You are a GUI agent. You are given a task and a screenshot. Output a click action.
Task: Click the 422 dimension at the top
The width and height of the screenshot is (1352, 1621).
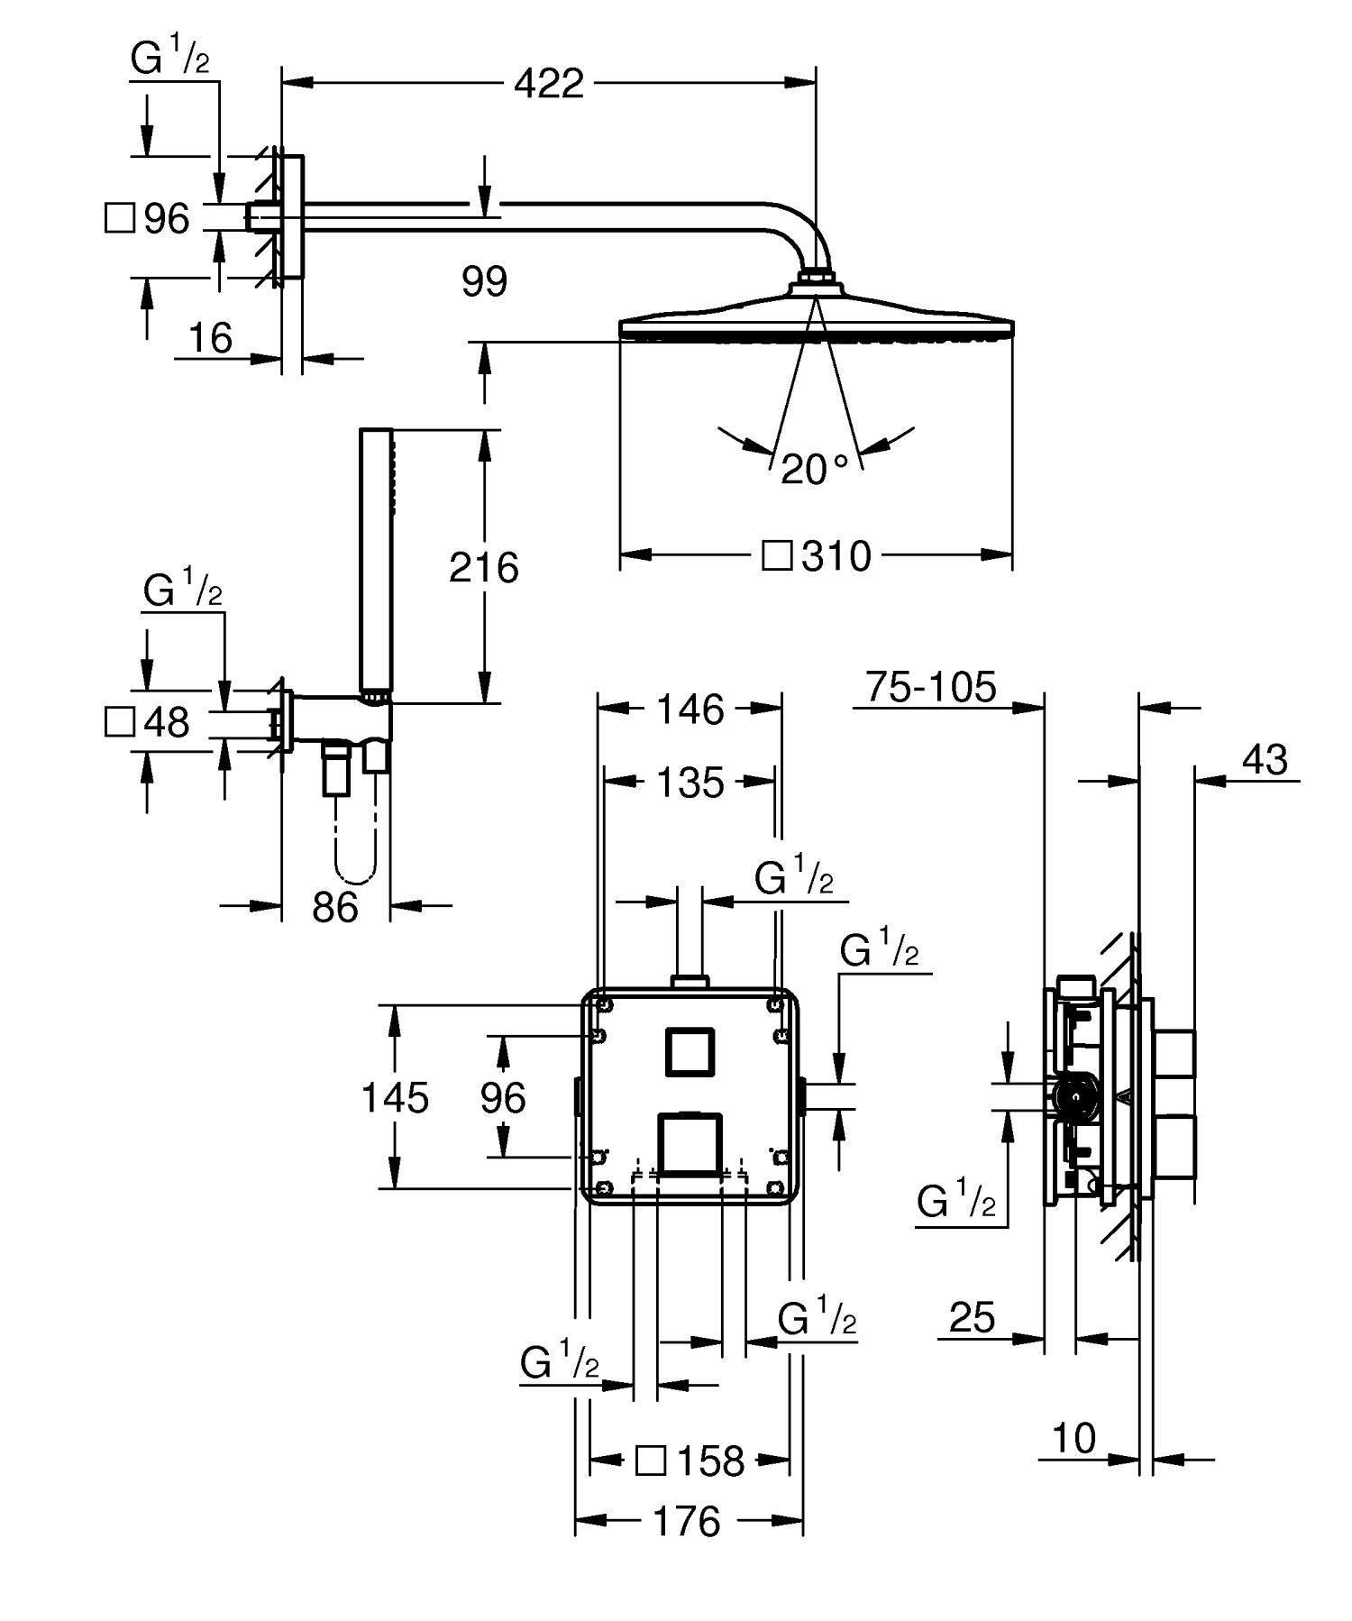tap(548, 84)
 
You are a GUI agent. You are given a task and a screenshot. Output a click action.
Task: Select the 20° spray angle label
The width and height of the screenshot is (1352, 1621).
tap(813, 469)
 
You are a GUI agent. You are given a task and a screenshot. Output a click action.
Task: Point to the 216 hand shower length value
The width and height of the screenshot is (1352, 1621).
tap(484, 568)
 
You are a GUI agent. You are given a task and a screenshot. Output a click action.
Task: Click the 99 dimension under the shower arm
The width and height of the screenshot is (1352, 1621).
tap(484, 281)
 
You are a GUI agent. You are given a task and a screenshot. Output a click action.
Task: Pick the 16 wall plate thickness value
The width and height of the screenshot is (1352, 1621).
tap(210, 338)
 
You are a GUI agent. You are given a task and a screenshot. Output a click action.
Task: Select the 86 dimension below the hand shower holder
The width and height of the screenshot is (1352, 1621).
tap(335, 906)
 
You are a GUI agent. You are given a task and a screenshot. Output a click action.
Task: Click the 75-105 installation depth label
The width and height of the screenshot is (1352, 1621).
tap(931, 687)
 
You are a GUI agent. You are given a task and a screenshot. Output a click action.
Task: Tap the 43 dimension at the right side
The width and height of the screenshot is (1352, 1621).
tap(1265, 760)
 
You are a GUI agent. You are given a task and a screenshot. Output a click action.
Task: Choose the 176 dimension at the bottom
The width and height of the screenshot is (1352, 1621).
tap(687, 1522)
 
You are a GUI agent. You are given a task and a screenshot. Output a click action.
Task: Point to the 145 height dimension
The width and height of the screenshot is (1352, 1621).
tap(395, 1097)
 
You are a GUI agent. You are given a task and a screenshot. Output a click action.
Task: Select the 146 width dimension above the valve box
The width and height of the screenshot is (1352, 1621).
tap(689, 709)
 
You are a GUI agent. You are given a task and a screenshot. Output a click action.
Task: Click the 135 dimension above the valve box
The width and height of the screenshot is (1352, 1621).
tap(689, 782)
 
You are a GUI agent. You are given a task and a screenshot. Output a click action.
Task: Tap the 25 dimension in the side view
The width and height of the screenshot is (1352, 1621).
tap(973, 1317)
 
